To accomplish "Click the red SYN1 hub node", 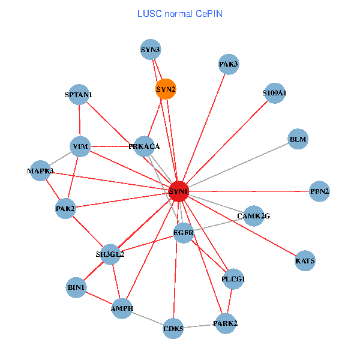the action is (179, 191).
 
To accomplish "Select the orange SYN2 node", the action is (166, 89).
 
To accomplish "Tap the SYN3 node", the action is (151, 49).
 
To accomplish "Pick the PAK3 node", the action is (229, 64).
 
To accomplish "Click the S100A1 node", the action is (274, 93).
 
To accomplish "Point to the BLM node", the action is (298, 139).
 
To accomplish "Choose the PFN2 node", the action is (319, 191).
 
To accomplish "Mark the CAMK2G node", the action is (254, 215).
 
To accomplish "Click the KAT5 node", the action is (305, 261).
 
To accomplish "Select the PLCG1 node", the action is (233, 279).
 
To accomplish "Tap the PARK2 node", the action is (226, 324).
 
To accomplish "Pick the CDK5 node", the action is (173, 328).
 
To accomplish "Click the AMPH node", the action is (122, 308).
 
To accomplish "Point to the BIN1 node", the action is (77, 288).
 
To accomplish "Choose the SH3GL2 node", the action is (110, 254).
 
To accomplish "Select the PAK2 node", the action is (65, 209).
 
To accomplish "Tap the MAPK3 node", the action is (40, 171).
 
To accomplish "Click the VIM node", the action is (80, 146).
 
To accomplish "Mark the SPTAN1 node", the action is (79, 94).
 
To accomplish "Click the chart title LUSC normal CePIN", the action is (180, 13).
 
